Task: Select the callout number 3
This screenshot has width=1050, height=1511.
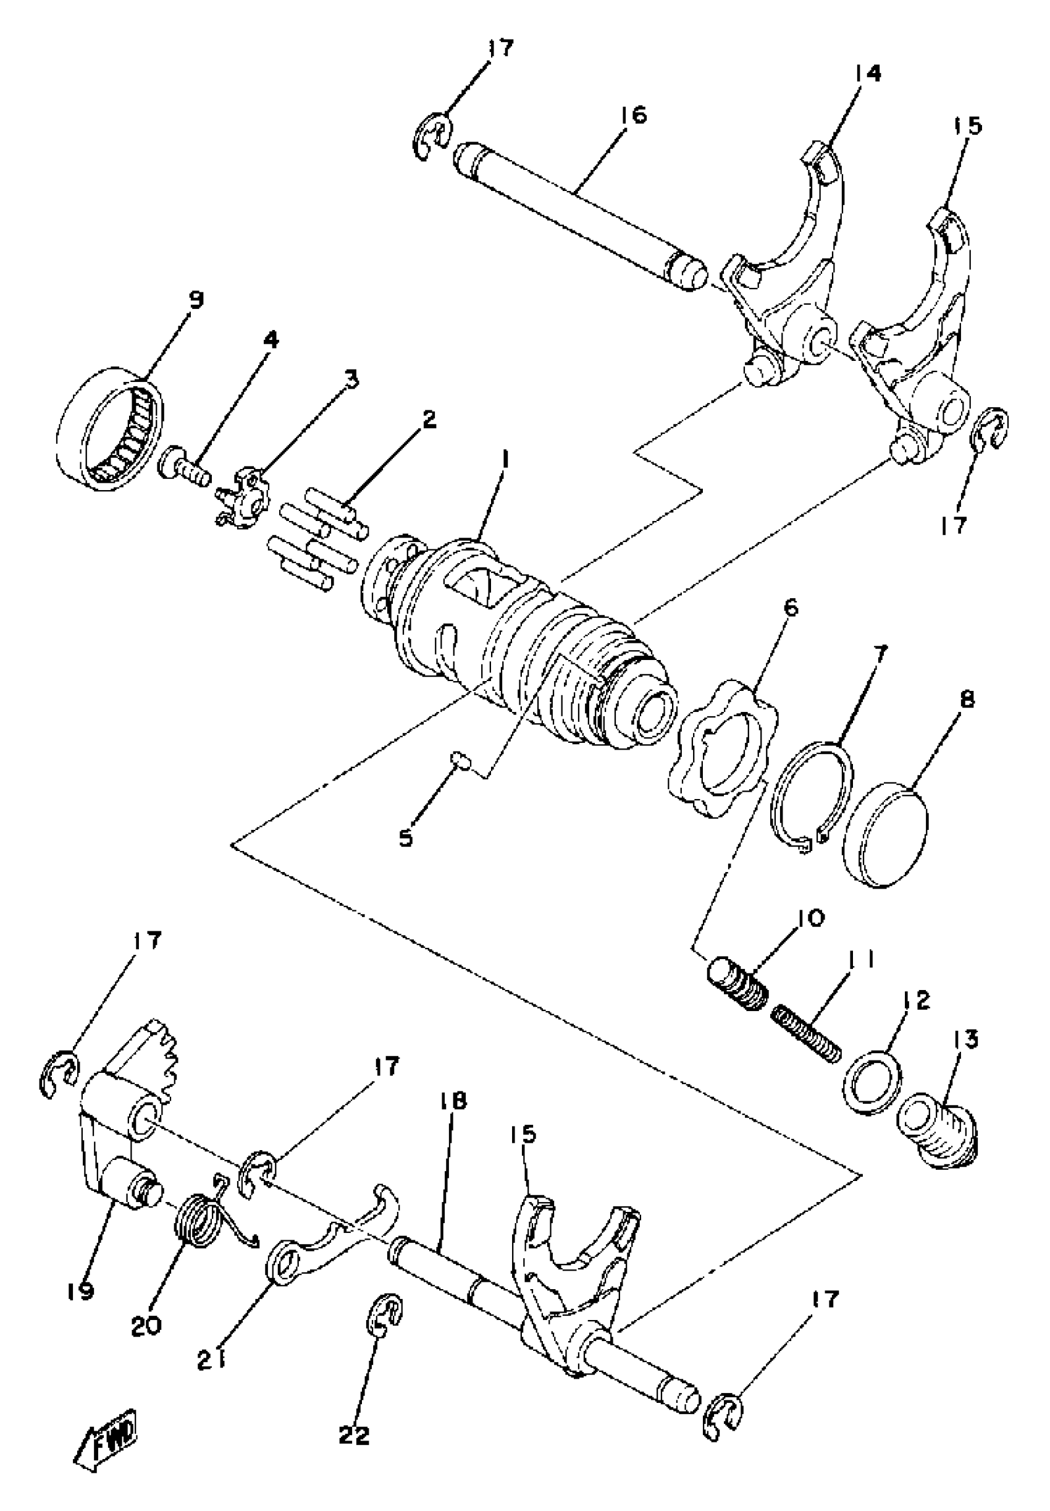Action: coord(352,379)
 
